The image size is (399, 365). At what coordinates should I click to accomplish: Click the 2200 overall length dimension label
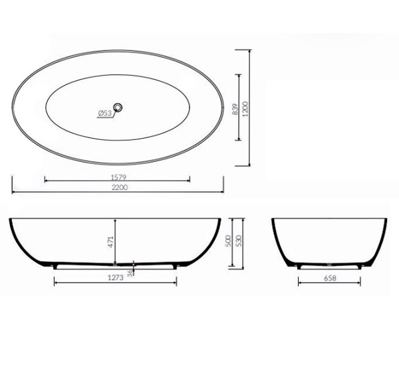coord(120,187)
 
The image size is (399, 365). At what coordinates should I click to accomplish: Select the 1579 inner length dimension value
coord(119,177)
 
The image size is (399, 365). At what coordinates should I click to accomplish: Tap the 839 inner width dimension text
coord(235,109)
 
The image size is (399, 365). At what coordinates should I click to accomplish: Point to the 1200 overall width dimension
coord(245,109)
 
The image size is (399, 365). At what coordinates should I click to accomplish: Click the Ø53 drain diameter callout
coord(104,113)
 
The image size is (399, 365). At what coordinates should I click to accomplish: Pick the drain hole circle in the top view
coord(118,108)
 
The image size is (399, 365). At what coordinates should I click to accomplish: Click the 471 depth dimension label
coord(110,242)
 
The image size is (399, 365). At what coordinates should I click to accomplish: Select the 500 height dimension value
coord(228,240)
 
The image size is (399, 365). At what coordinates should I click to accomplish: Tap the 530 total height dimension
coord(239,240)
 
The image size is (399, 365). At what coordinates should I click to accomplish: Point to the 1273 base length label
coord(116,277)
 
